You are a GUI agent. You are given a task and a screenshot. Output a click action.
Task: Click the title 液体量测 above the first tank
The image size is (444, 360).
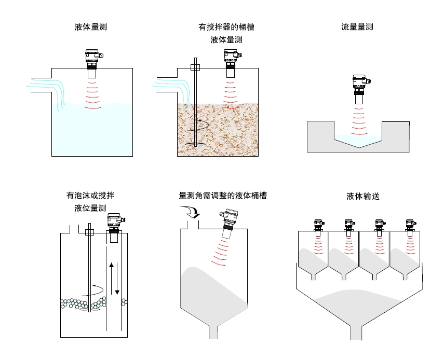[91, 27]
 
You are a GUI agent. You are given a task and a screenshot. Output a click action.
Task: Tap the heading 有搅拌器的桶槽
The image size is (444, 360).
[226, 27]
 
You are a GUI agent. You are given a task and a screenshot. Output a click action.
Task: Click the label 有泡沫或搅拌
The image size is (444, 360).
[90, 196]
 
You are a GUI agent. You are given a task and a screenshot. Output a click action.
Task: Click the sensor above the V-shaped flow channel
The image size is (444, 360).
[359, 88]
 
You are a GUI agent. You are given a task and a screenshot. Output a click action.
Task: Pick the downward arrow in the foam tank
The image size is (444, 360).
[117, 280]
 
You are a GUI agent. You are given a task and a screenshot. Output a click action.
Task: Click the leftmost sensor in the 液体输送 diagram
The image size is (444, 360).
[318, 228]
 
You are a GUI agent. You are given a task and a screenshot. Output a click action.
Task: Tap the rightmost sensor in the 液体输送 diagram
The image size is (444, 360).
[410, 228]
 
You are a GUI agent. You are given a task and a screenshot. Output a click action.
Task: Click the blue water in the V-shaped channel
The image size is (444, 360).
[359, 139]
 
